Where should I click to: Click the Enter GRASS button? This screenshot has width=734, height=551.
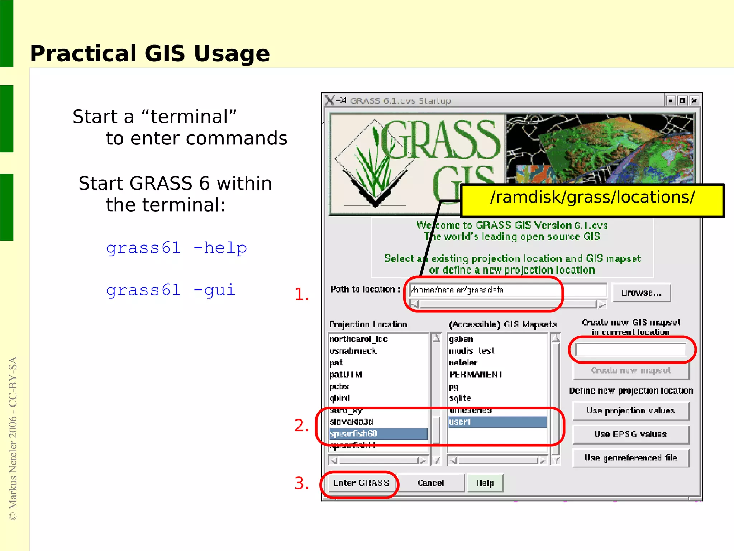tap(361, 483)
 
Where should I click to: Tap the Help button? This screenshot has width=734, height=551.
tap(485, 483)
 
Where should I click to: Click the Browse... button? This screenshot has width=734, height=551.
tap(641, 293)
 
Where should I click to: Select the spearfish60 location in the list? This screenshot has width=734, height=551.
tap(378, 434)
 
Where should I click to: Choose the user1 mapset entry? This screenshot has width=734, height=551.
tap(497, 422)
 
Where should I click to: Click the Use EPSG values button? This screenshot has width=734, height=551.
tap(630, 434)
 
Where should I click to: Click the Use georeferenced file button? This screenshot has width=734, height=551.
tap(630, 458)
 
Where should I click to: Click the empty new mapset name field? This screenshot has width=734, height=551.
tap(630, 350)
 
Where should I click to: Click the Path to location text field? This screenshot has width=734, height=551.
tap(507, 290)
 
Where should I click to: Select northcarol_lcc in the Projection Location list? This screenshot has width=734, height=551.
tap(359, 339)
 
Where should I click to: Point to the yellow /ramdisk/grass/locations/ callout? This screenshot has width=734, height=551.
tap(592, 200)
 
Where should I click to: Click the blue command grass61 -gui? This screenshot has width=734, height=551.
tap(171, 290)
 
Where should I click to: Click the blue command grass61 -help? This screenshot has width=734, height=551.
tap(176, 248)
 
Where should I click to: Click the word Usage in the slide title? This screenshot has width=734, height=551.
tap(232, 54)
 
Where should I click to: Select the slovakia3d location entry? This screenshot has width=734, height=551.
tap(352, 422)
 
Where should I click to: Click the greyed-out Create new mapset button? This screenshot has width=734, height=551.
tap(630, 371)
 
